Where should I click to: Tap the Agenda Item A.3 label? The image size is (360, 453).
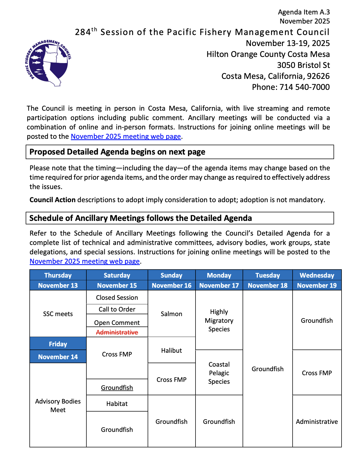[x=304, y=12]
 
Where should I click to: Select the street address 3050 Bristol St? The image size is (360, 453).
[x=303, y=65]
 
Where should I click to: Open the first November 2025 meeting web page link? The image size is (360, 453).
[x=126, y=136]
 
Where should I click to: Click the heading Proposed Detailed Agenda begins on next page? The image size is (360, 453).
[x=117, y=152]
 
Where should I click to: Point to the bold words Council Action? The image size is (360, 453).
[x=52, y=200]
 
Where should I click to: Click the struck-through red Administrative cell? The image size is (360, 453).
[x=117, y=332]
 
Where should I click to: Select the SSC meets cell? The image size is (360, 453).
[x=58, y=314]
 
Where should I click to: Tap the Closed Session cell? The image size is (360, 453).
[x=117, y=298]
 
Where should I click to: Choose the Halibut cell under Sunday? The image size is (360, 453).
[x=171, y=350]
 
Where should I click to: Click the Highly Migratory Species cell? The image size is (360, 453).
[x=219, y=320]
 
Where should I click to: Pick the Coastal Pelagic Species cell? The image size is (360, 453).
[x=219, y=373]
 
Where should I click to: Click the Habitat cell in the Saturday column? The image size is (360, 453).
[x=117, y=404]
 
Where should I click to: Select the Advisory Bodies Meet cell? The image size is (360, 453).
[x=58, y=405]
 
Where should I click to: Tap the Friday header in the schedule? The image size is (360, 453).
[x=58, y=344]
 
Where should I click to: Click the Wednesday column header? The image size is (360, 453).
[x=317, y=275]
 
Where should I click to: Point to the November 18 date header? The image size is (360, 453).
[x=267, y=286]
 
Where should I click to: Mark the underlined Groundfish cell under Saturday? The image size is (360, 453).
[x=117, y=387]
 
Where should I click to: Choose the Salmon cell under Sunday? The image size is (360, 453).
[x=171, y=314]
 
